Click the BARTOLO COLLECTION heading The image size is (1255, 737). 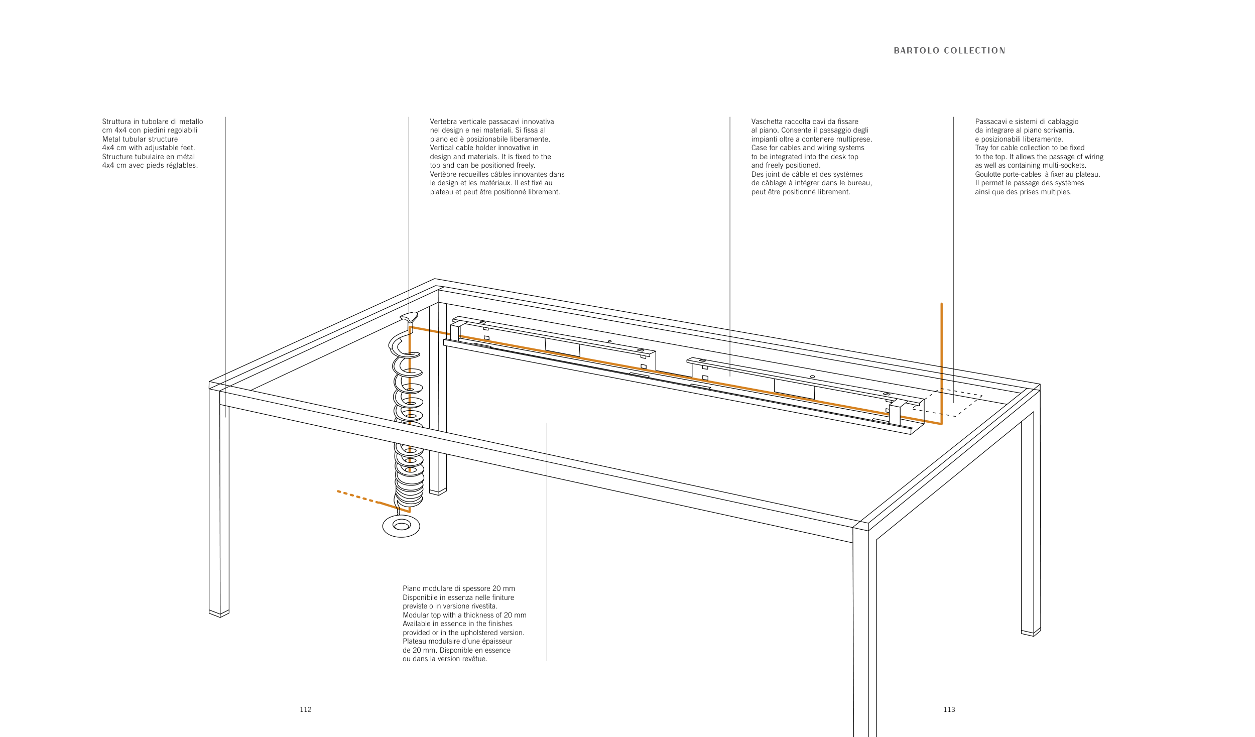[x=949, y=51]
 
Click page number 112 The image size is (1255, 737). [x=305, y=709]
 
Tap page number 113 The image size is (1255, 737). [x=949, y=709]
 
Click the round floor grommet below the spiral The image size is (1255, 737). [x=401, y=526]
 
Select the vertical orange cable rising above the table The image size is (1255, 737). [x=941, y=361]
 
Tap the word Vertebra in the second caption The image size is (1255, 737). [x=443, y=121]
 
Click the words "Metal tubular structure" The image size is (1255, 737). [x=140, y=139]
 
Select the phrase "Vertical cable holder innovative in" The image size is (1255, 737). [x=484, y=148]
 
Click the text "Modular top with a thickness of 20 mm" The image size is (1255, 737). [x=464, y=615]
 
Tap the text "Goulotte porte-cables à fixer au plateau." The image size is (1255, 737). [x=1037, y=174]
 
